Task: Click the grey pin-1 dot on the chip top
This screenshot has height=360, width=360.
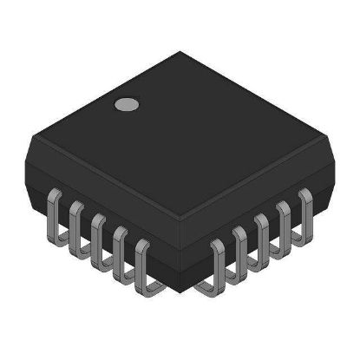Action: point(128,106)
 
